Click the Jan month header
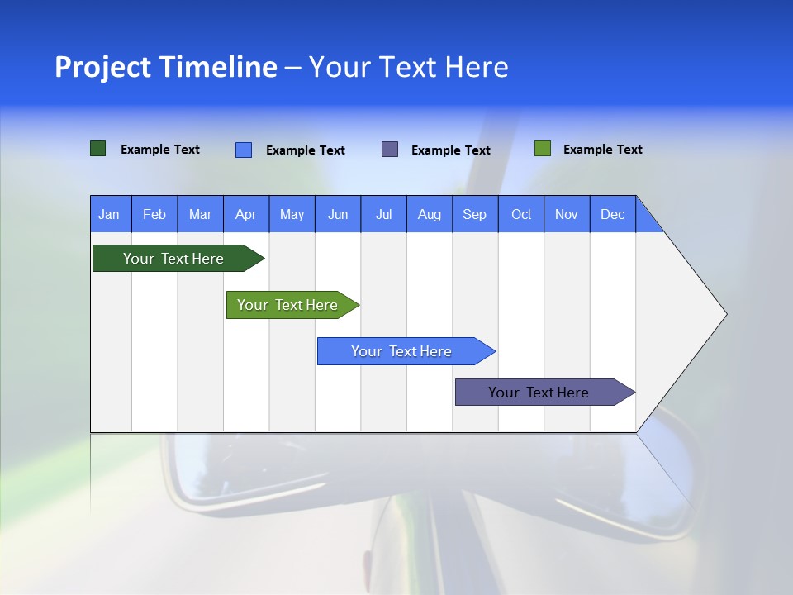click(110, 214)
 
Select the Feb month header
click(154, 214)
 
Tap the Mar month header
click(200, 214)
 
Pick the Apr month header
click(246, 214)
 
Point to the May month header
click(292, 214)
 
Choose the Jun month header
click(338, 214)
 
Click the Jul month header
click(383, 214)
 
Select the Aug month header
click(430, 214)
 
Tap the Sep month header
click(475, 214)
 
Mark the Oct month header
click(521, 214)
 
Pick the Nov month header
click(567, 214)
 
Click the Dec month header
click(613, 214)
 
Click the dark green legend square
click(98, 149)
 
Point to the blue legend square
click(244, 150)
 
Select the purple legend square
click(390, 149)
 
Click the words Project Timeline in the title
click(166, 67)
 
